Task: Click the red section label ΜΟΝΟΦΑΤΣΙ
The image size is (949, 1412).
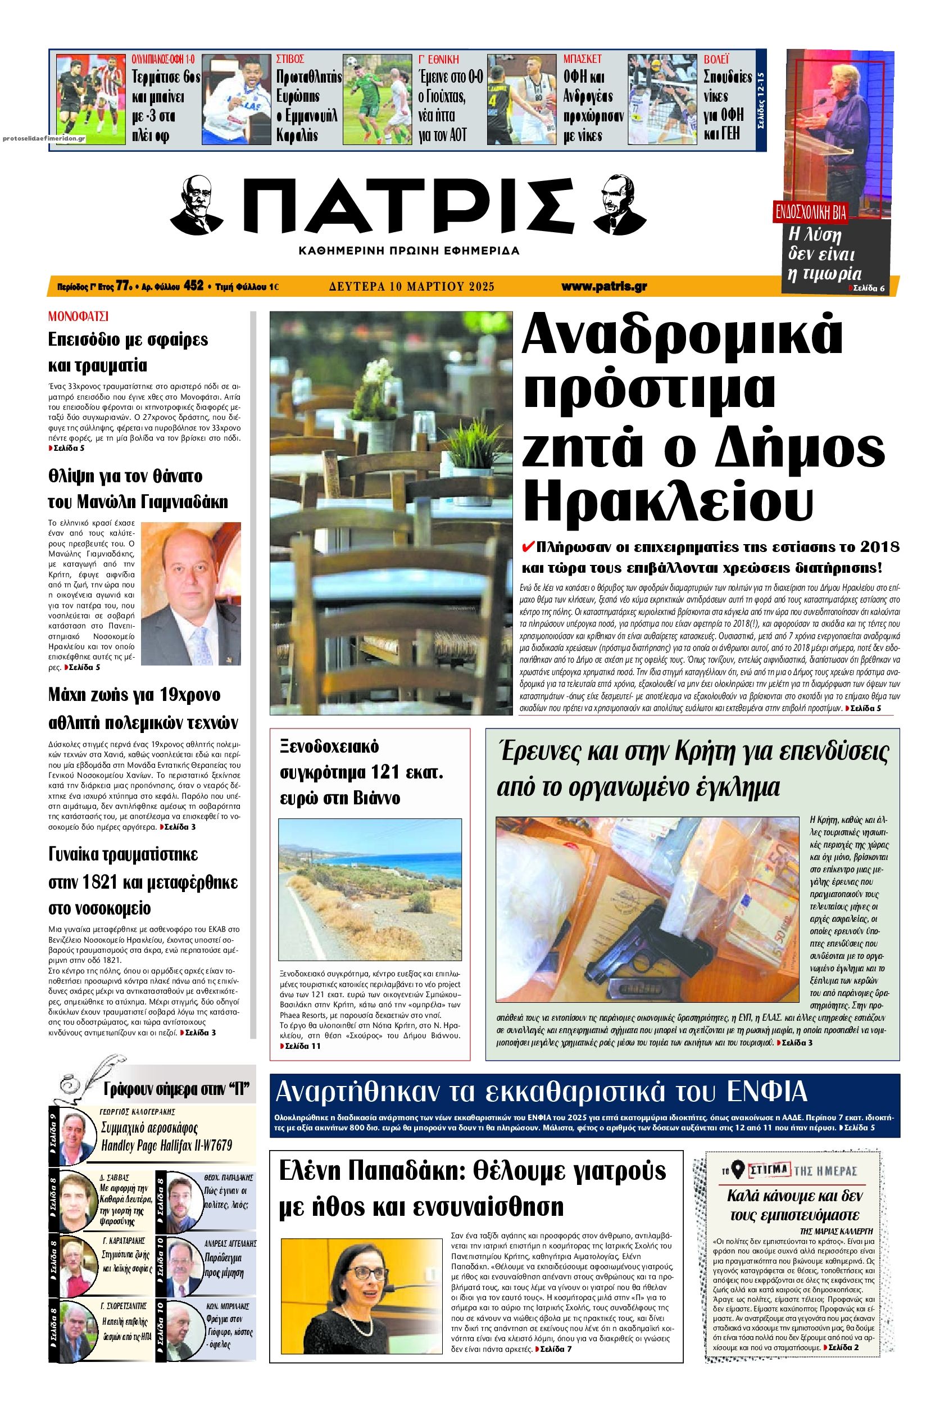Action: tap(78, 315)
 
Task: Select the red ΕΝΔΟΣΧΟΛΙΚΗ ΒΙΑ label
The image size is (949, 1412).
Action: tap(811, 211)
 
